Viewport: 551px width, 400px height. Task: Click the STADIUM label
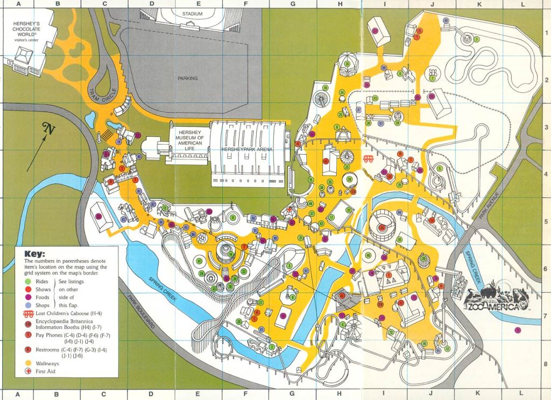[x=192, y=13]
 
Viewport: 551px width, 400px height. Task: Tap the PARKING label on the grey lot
[x=188, y=79]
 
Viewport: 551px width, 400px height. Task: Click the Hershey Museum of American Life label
[x=187, y=139]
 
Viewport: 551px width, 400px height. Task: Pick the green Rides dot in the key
[x=27, y=281]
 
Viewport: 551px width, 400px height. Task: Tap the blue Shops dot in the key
[x=27, y=305]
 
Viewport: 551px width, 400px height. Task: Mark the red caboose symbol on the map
[x=369, y=158]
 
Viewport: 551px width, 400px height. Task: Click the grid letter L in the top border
[x=521, y=4]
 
